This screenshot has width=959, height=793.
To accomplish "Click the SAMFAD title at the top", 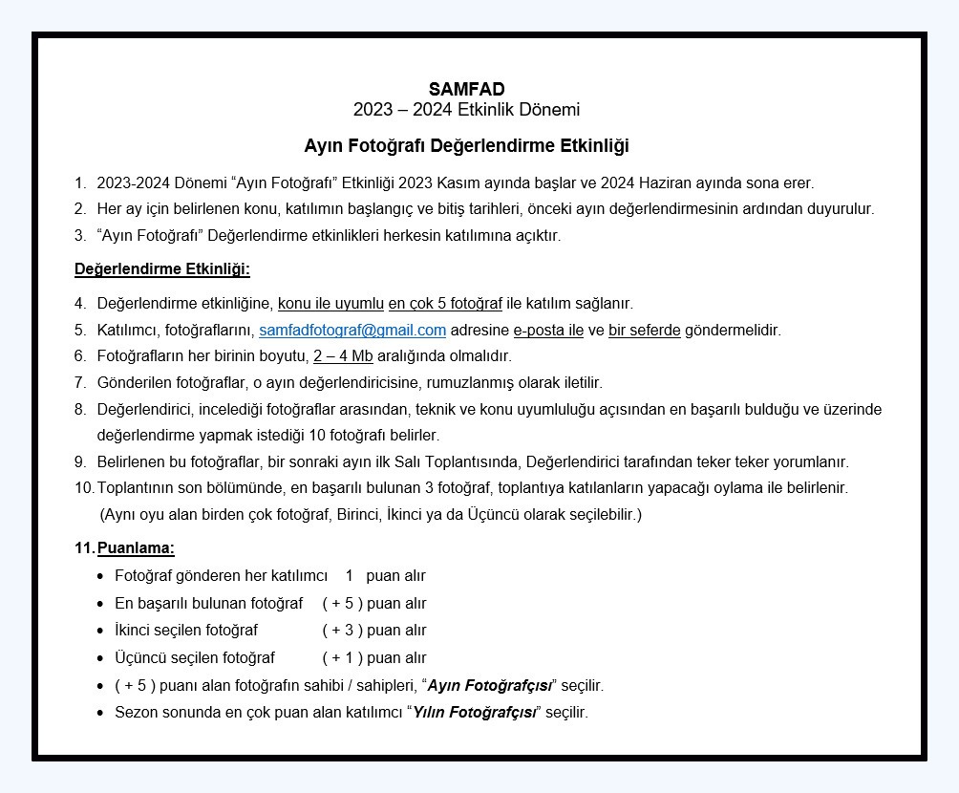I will [x=466, y=90].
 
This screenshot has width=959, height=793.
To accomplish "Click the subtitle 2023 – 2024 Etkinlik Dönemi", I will [x=466, y=110].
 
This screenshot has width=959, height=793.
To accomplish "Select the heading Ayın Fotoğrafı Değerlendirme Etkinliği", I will [x=466, y=146].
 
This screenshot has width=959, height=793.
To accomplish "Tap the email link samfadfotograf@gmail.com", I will [x=352, y=331].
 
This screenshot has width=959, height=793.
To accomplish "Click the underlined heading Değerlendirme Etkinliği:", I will [x=162, y=269].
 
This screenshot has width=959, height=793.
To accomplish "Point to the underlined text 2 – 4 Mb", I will [x=343, y=356].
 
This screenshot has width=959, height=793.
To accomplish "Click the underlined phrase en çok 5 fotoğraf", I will [x=445, y=304].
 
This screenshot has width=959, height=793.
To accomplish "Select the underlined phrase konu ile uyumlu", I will [x=330, y=304].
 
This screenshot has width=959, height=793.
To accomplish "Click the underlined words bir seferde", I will [x=645, y=331].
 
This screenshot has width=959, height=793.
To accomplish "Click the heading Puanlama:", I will [x=136, y=548].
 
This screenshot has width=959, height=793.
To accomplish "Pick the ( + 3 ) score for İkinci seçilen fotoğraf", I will [x=343, y=631].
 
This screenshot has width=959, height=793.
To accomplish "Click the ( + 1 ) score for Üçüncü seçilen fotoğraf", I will [x=343, y=658].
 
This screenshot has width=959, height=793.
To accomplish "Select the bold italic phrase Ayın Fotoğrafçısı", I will [x=489, y=686].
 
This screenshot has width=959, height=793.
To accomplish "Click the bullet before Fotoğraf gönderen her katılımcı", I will [x=100, y=576].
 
